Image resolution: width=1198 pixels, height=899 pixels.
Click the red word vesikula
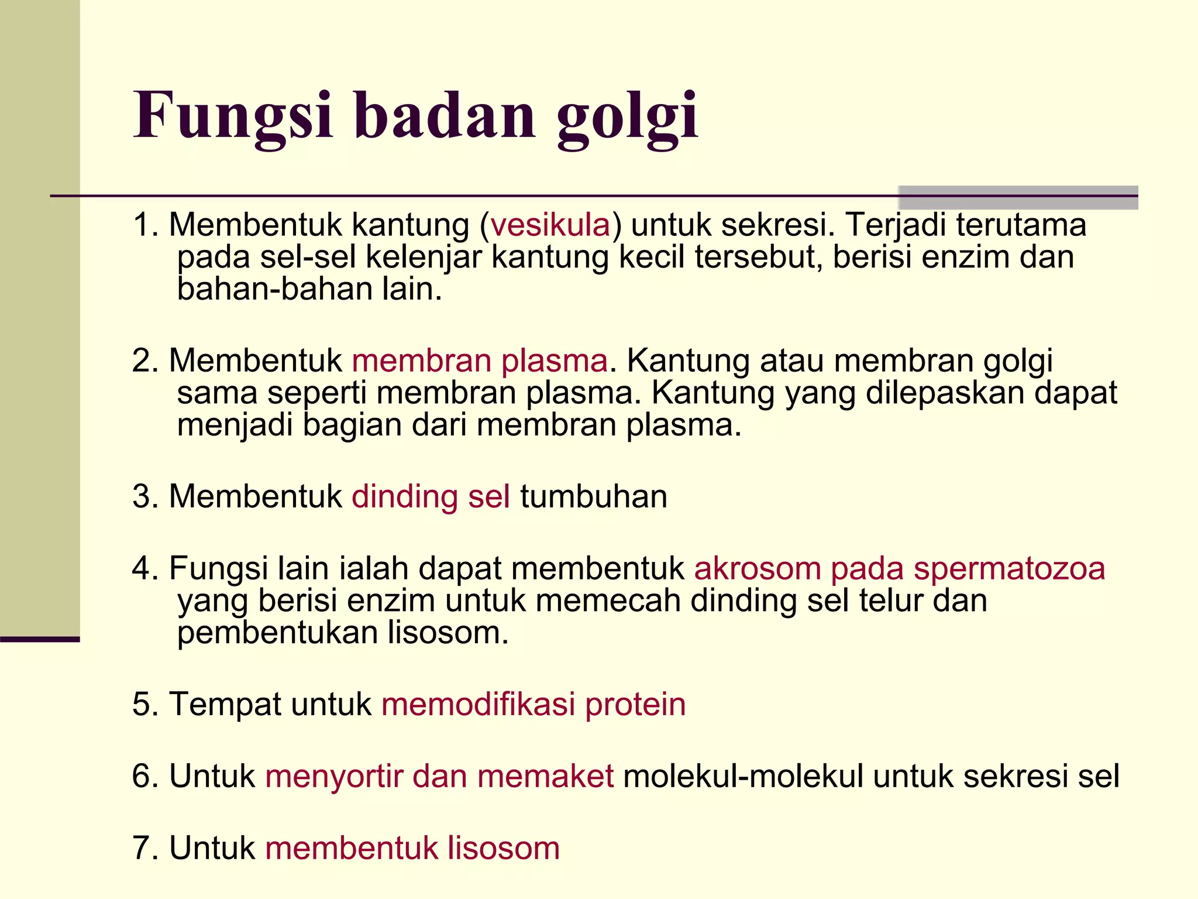(x=550, y=225)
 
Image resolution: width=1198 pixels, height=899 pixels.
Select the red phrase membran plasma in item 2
(x=480, y=361)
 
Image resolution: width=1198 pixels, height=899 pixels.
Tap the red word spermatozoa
(x=1009, y=568)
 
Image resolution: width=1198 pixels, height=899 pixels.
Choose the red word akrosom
(x=758, y=568)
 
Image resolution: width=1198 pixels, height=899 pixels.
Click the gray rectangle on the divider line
(x=1018, y=197)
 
